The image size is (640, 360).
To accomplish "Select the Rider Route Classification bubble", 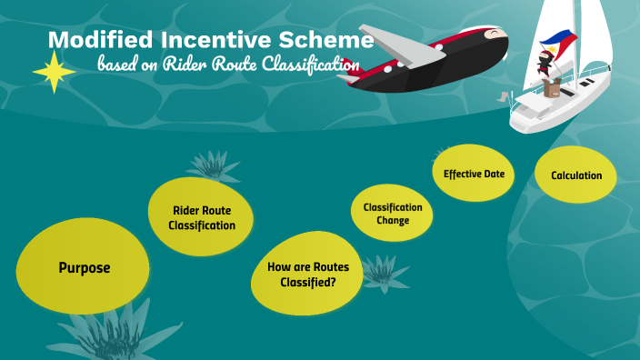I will click(202, 217).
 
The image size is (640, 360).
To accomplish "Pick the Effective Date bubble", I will click(474, 174).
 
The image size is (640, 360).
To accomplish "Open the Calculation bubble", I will click(575, 175).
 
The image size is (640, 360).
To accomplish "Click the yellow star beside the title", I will click(55, 72).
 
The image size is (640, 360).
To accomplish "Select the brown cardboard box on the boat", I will click(551, 88).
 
